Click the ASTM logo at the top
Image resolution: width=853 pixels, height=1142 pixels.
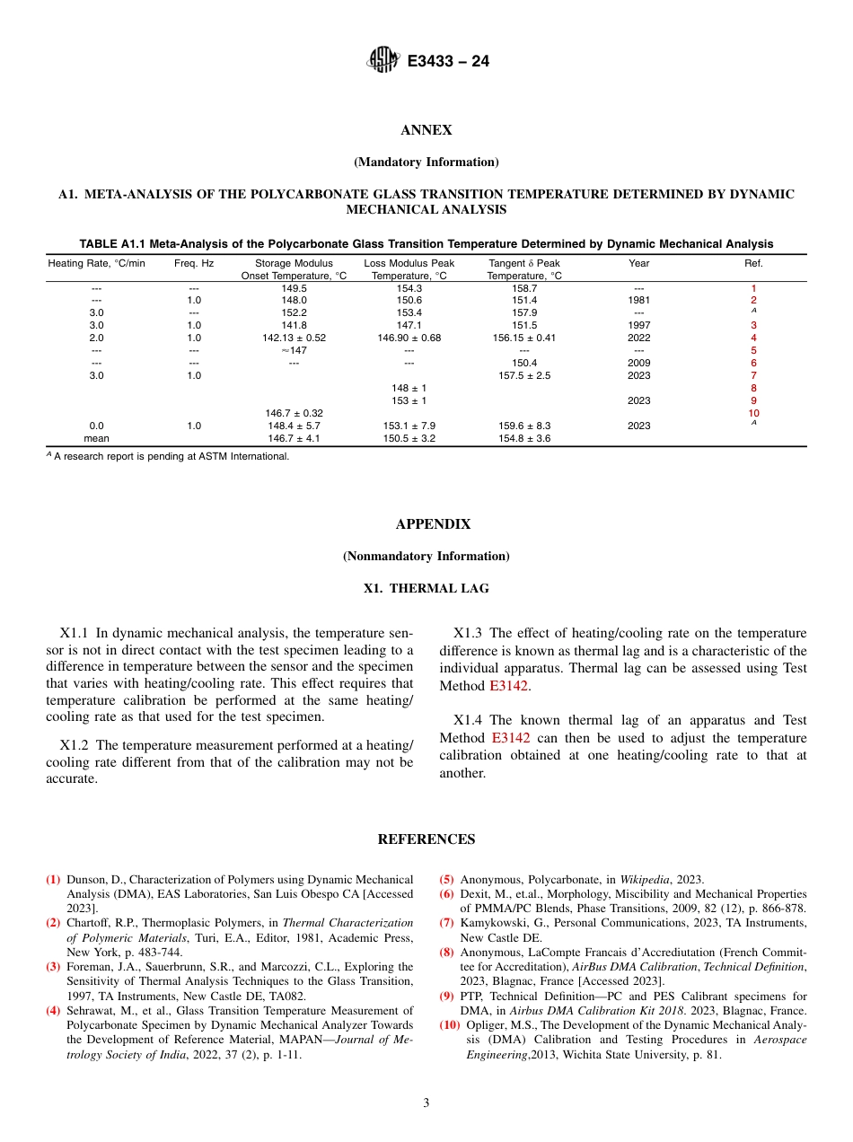(383, 61)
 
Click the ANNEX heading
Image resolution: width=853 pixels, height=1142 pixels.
(426, 130)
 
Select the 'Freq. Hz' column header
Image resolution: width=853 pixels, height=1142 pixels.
(194, 263)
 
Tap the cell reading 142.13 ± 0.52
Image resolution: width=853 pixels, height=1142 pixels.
(294, 338)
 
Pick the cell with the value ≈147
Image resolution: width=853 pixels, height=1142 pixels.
(294, 350)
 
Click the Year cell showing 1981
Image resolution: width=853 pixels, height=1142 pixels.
(639, 300)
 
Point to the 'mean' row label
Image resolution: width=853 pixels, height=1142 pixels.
(96, 438)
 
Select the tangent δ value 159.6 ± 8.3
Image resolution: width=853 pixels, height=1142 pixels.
(523, 426)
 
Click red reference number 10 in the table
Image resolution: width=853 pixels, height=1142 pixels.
(753, 413)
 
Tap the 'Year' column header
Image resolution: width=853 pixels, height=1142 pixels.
(639, 263)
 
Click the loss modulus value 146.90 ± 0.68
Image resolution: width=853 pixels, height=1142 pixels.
(409, 338)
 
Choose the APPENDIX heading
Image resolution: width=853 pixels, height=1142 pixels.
(433, 524)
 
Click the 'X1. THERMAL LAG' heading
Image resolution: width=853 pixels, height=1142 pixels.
(426, 589)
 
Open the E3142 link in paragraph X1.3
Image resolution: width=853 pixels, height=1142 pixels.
(509, 686)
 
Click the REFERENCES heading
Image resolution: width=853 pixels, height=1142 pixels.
(426, 839)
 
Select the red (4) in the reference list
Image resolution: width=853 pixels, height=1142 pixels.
(53, 1011)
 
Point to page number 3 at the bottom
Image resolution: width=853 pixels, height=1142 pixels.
(426, 1102)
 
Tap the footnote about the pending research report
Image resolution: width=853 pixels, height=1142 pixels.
(171, 456)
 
